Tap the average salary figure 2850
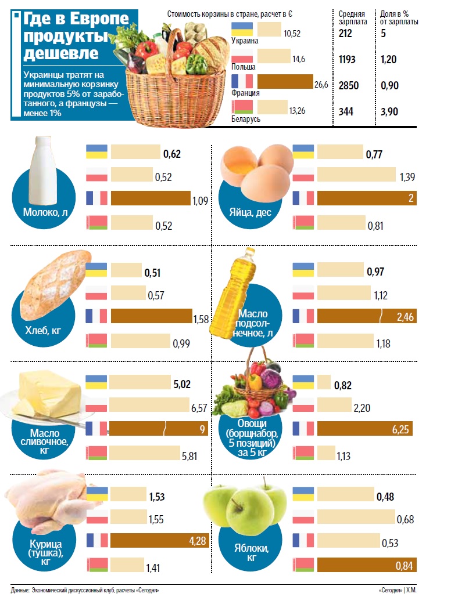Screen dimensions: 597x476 click(349, 86)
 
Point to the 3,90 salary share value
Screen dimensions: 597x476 click(389, 111)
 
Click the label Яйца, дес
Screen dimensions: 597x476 click(253, 212)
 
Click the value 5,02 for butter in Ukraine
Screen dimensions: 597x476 click(174, 383)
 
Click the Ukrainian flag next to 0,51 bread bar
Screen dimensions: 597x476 click(96, 270)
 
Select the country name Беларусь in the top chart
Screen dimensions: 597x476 click(246, 119)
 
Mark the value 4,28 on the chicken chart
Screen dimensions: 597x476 click(198, 541)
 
